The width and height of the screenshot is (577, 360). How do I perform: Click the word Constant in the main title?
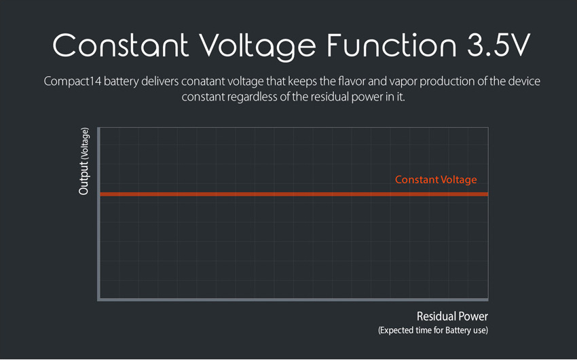[121, 46]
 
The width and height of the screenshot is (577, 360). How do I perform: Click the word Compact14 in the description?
[72, 82]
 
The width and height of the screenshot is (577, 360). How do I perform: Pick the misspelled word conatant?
[203, 82]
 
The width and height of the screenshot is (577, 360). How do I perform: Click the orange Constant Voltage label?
[436, 179]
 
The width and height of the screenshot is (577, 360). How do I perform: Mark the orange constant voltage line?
[294, 194]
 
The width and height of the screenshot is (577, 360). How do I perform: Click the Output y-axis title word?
[83, 177]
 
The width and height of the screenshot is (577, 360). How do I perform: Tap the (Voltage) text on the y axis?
[85, 143]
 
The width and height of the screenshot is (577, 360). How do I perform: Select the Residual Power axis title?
[452, 317]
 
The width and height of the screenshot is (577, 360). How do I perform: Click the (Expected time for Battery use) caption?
[433, 330]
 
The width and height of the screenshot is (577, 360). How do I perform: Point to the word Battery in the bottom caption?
[458, 330]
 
